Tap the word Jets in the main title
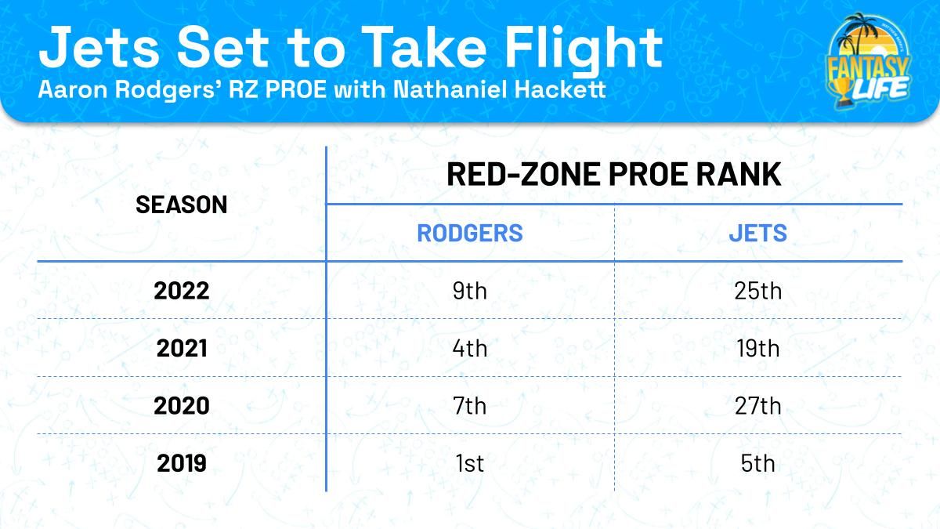pos(99,47)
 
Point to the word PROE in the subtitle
pos(296,89)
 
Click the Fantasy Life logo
pos(868,61)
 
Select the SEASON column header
pos(181,205)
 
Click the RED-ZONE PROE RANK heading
pos(614,174)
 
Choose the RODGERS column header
pos(469,233)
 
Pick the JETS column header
pos(758,233)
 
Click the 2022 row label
pos(181,291)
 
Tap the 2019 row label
pos(181,463)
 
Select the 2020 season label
pos(181,406)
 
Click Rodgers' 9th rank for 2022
pos(469,291)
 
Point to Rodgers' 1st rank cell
pos(469,463)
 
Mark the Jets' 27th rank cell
pos(758,406)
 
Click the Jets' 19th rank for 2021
pos(758,348)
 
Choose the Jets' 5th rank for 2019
pos(758,463)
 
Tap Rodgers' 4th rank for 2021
pos(469,348)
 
